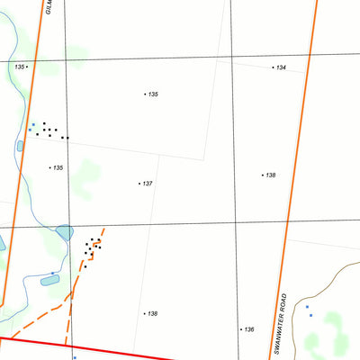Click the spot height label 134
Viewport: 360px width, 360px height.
click(282, 67)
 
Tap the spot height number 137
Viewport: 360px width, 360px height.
click(148, 184)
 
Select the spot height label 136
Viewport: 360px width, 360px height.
click(249, 329)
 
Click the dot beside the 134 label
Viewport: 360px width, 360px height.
click(274, 67)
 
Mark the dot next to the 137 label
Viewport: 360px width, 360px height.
click(139, 184)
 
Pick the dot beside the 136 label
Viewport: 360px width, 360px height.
click(241, 329)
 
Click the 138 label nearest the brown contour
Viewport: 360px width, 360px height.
click(269, 175)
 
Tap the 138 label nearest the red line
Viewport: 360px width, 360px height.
click(153, 313)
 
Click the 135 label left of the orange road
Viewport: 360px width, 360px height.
click(19, 67)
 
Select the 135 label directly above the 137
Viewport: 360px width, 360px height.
click(153, 94)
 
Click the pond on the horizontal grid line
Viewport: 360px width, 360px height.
click(65, 232)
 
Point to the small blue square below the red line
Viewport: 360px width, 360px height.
click(75, 356)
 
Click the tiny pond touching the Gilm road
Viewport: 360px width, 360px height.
click(20, 146)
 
